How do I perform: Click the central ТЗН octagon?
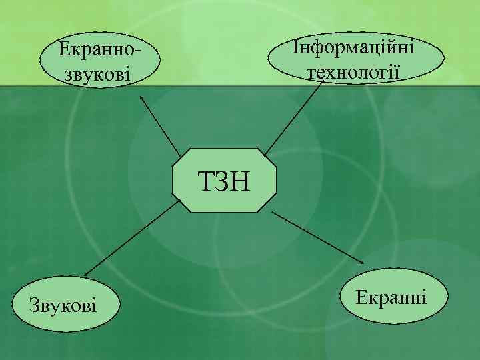[x=224, y=180]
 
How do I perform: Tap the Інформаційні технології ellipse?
[x=357, y=59]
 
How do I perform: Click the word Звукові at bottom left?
[x=63, y=306]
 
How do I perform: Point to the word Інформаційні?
[x=353, y=48]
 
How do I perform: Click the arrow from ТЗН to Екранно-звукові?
[x=160, y=125]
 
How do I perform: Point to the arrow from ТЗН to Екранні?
[x=317, y=237]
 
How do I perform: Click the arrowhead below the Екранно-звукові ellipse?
[x=142, y=97]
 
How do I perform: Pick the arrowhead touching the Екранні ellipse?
[x=361, y=261]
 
